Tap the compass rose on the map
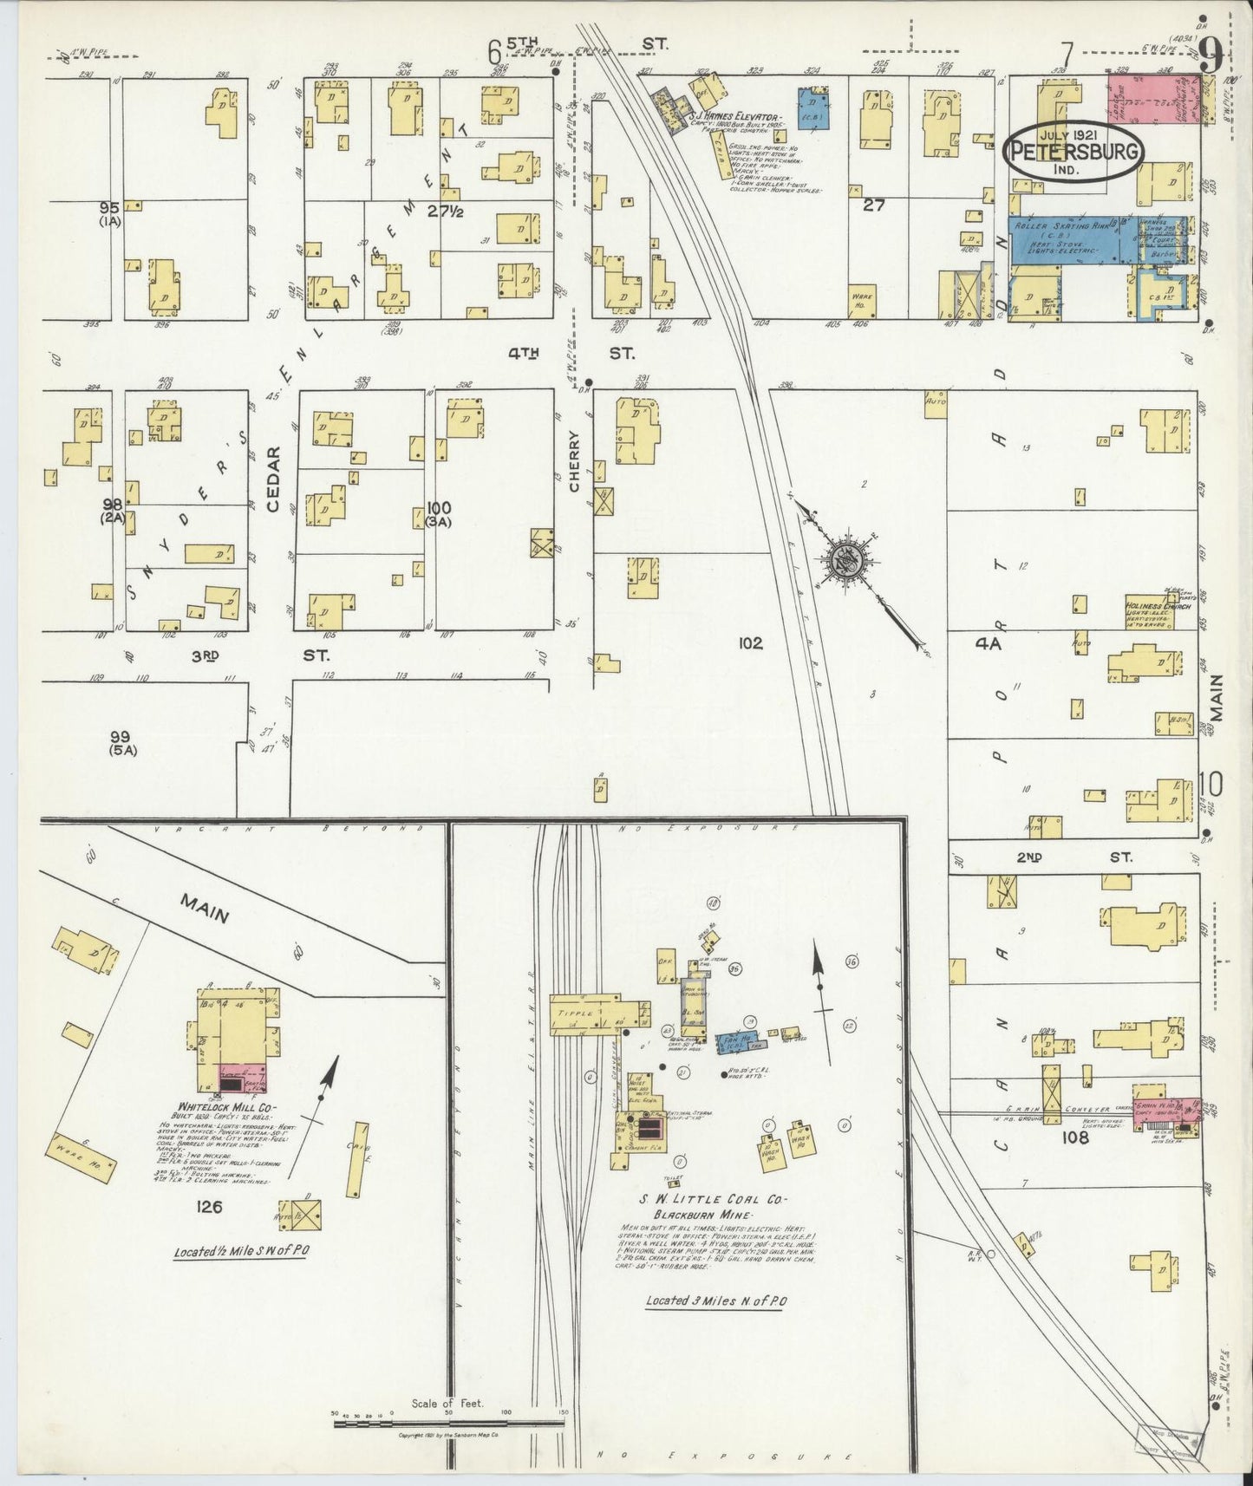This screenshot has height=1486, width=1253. (846, 563)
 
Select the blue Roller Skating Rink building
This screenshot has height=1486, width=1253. (1072, 239)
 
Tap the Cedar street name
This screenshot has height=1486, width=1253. (274, 479)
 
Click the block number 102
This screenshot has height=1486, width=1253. (750, 643)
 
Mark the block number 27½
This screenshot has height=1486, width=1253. (448, 210)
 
